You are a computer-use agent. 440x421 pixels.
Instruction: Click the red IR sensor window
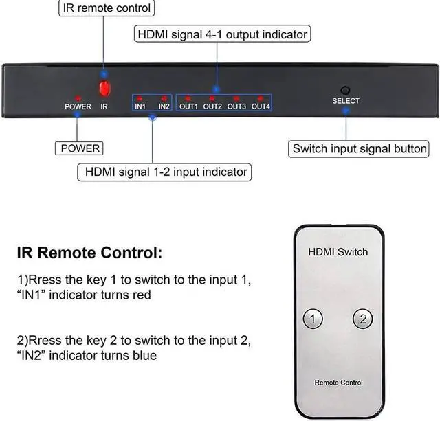[104, 89]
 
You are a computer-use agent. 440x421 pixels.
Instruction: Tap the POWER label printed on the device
[78, 106]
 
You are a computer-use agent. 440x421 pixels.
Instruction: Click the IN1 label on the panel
[140, 106]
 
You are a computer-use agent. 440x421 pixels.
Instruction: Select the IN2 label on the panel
[164, 106]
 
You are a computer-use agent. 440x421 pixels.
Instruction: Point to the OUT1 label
[188, 106]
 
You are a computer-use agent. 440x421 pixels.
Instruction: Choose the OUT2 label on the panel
[212, 106]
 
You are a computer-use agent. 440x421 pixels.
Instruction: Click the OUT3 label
[236, 106]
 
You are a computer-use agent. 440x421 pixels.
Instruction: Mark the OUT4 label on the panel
[261, 106]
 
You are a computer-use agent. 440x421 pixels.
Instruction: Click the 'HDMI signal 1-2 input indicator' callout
[164, 171]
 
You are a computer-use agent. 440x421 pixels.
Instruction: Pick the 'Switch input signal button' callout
[360, 148]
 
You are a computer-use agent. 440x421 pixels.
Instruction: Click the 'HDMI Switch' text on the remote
[338, 252]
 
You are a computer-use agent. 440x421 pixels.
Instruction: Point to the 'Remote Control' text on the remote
[338, 383]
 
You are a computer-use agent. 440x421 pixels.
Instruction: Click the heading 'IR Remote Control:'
[89, 253]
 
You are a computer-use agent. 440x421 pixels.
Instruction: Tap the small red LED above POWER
[78, 98]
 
